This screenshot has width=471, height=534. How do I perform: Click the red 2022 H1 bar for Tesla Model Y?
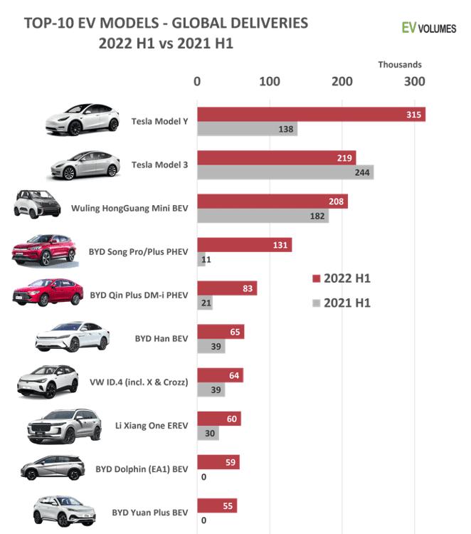(311, 115)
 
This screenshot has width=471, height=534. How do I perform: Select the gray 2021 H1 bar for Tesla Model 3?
(285, 172)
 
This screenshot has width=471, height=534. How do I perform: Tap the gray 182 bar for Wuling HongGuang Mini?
(263, 216)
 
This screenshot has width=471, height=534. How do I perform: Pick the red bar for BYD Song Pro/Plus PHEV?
(244, 245)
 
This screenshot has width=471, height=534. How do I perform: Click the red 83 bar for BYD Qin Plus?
(227, 288)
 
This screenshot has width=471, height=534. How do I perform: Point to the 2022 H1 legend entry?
(342, 278)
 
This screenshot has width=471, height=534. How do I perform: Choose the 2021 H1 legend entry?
(342, 303)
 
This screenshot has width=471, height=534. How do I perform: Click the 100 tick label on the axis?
(270, 82)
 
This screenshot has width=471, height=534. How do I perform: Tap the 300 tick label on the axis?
(415, 82)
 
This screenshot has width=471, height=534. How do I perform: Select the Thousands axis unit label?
(400, 65)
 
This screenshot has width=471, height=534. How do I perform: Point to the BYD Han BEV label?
(161, 339)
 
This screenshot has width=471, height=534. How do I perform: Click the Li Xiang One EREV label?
(152, 426)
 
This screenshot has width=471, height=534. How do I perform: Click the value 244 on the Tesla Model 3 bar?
(361, 172)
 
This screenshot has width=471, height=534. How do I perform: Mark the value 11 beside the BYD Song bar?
(207, 260)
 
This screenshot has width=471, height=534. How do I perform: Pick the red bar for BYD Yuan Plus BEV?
(217, 506)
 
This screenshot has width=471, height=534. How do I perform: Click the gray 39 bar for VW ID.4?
(211, 390)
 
